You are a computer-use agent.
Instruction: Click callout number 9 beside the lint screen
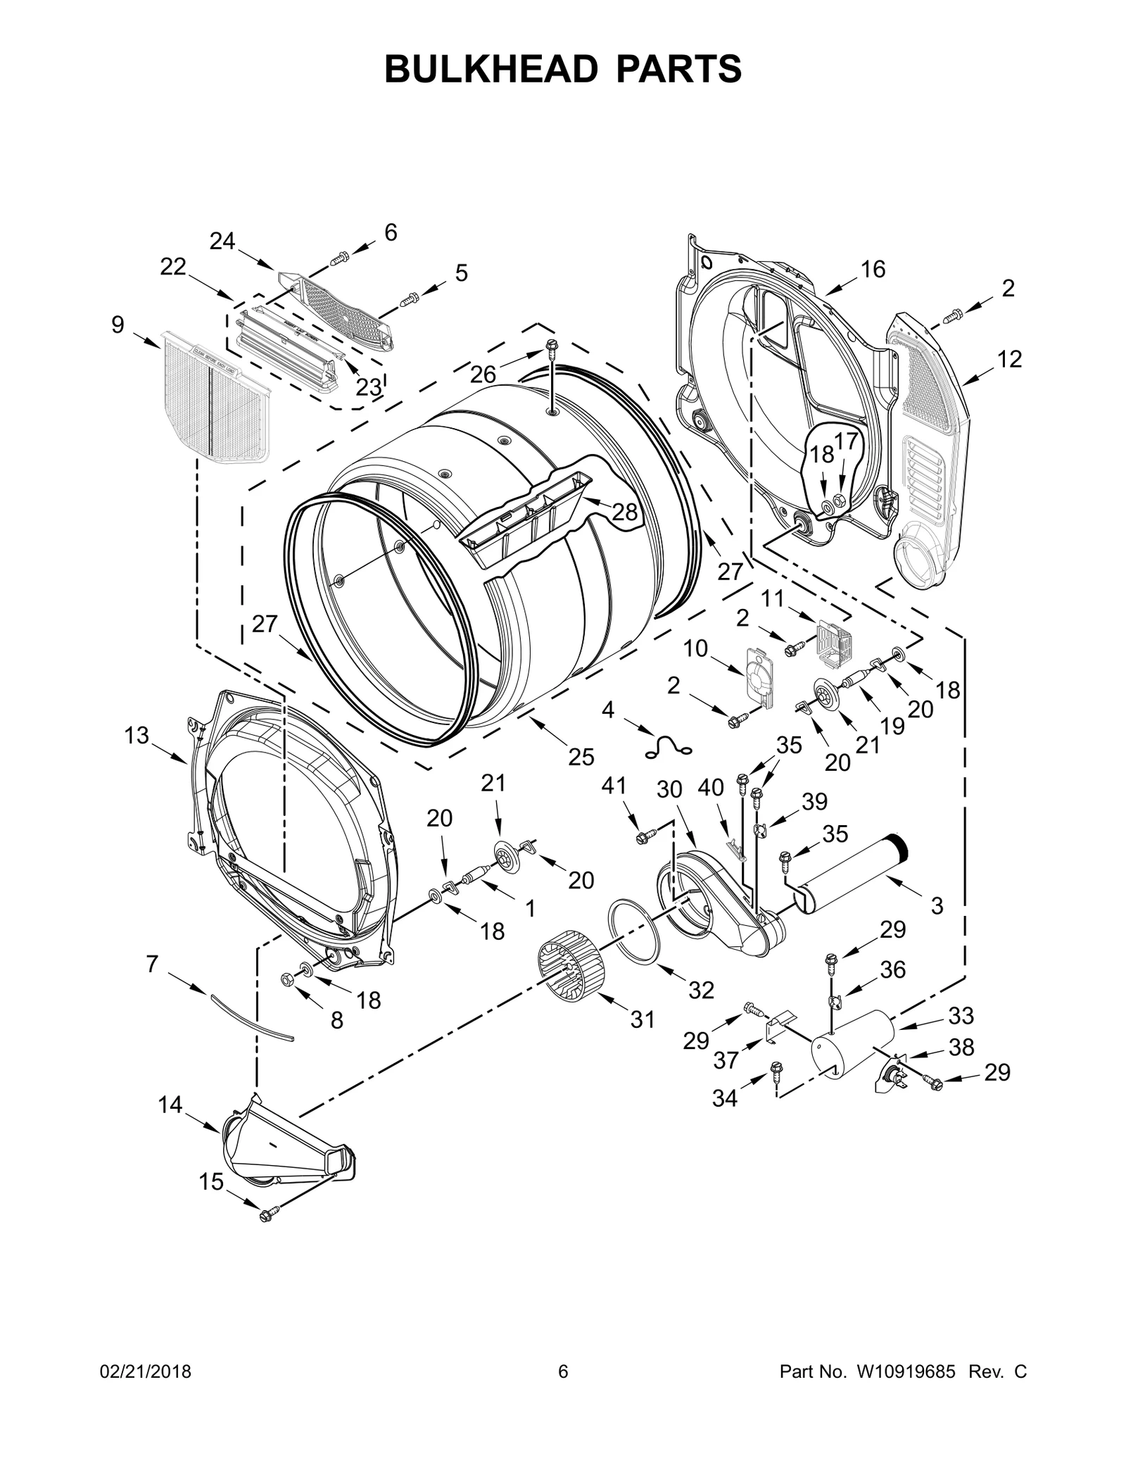[118, 325]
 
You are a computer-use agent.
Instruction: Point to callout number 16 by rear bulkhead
[873, 270]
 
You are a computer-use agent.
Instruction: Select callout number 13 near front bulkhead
[137, 736]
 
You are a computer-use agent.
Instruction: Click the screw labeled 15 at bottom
[268, 1213]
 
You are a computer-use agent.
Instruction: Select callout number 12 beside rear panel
[1008, 360]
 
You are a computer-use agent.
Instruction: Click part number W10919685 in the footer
[905, 1371]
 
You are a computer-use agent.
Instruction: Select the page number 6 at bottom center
[562, 1371]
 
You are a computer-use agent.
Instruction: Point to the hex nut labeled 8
[287, 979]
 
